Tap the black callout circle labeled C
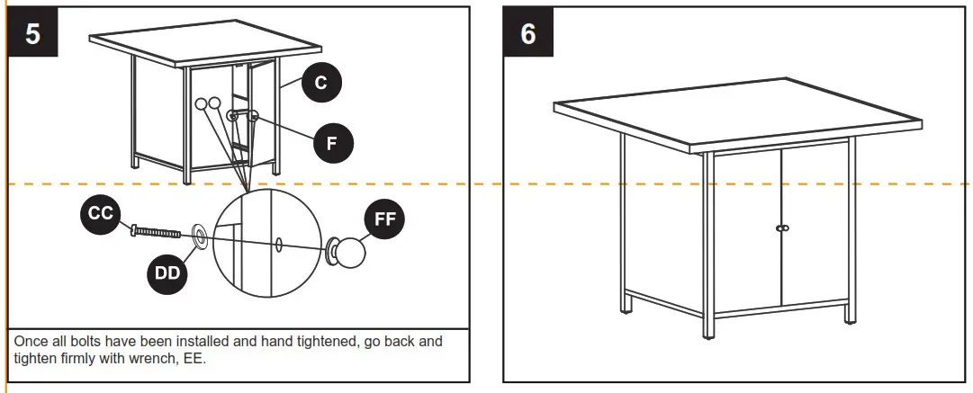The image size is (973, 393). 320,84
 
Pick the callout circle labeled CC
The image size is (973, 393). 100,213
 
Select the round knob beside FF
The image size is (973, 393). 348,254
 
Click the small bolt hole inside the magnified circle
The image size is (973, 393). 280,244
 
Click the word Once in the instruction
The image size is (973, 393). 30,343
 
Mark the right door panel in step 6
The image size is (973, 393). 815,225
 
